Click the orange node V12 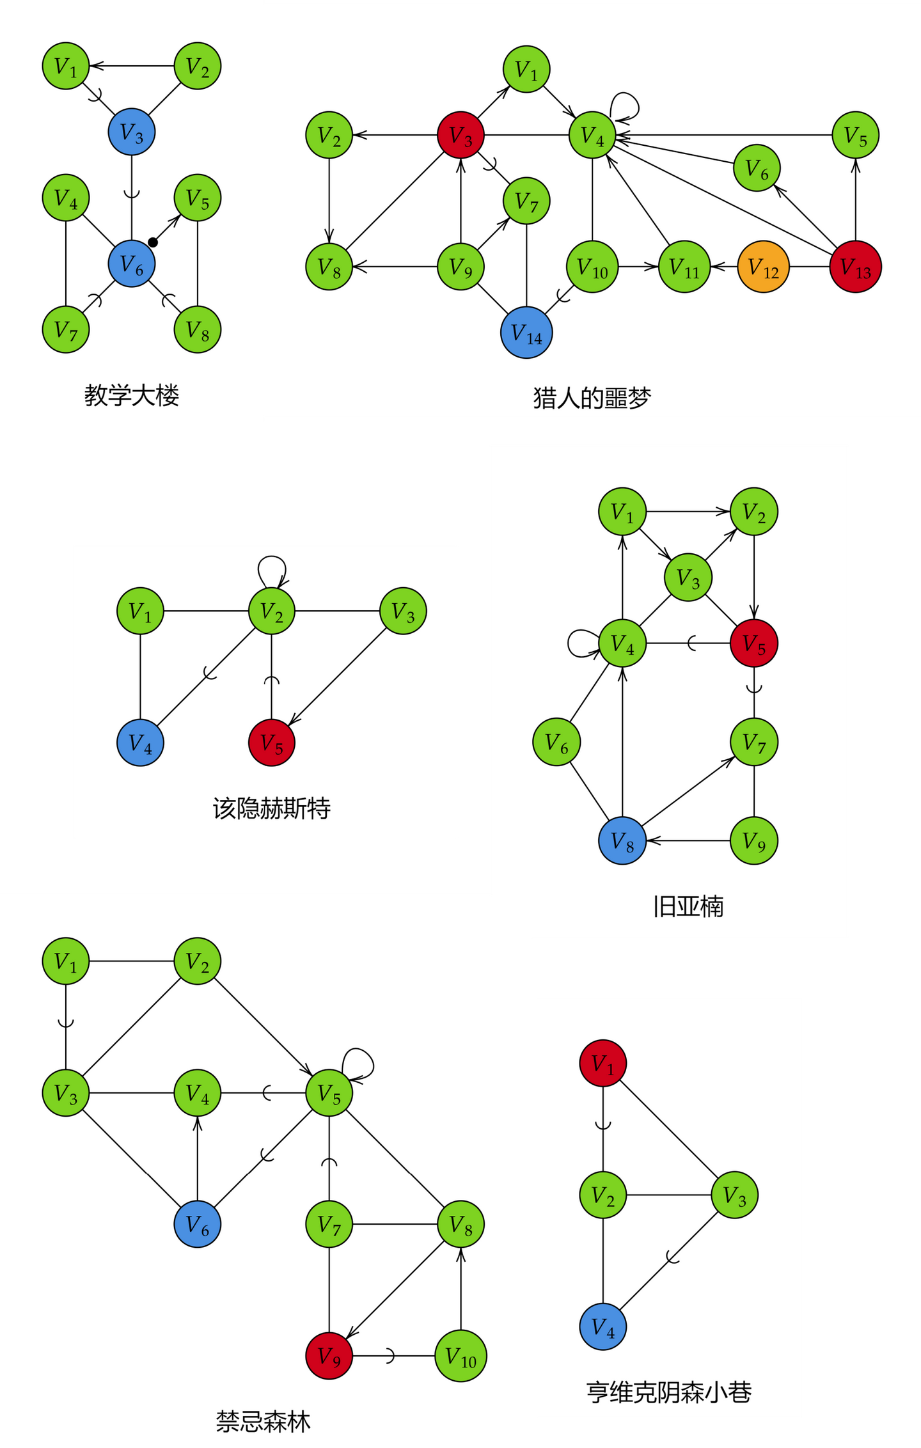763,267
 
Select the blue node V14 526,333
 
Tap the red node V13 855,267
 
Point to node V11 684,267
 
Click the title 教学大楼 132,395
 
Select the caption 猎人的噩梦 592,398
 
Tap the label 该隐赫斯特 271,808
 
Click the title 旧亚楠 688,906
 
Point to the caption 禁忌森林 263,1421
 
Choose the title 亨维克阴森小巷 669,1392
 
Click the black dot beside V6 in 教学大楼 153,242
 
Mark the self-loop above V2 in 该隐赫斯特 272,566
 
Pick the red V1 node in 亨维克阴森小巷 602,1063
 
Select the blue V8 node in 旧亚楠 622,840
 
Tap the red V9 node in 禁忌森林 329,1356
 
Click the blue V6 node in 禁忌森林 197,1224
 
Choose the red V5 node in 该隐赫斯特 271,743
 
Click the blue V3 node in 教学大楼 132,132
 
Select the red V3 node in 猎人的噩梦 460,135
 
